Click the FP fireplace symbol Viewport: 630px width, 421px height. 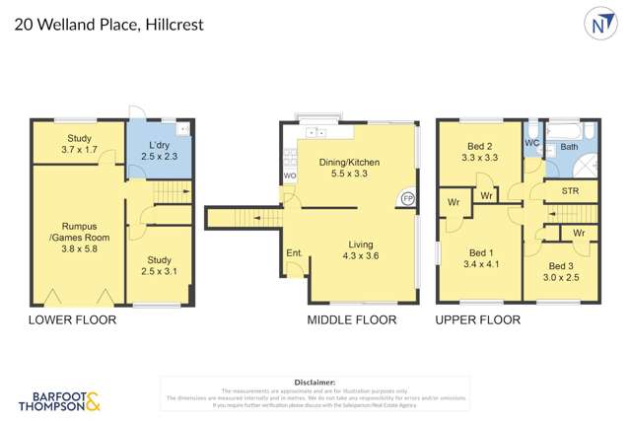point(407,198)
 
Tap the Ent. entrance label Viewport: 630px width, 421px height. point(294,254)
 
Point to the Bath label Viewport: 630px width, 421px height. point(569,148)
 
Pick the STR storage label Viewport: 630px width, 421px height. point(570,190)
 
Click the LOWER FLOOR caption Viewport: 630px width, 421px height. point(72,320)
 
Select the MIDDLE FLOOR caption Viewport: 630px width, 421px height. point(352,320)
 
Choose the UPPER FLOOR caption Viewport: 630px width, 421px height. point(479,320)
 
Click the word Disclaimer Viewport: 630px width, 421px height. point(315,382)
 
